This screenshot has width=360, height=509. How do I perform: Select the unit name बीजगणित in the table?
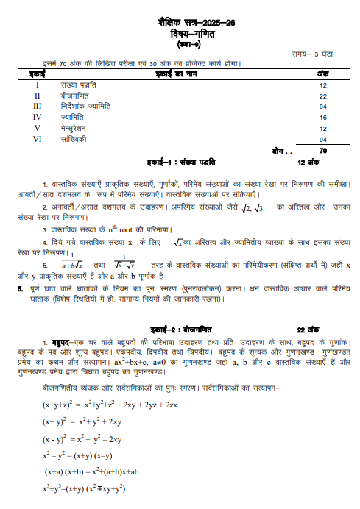click(75, 96)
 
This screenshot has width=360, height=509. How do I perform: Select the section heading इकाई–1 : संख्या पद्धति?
click(187, 161)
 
